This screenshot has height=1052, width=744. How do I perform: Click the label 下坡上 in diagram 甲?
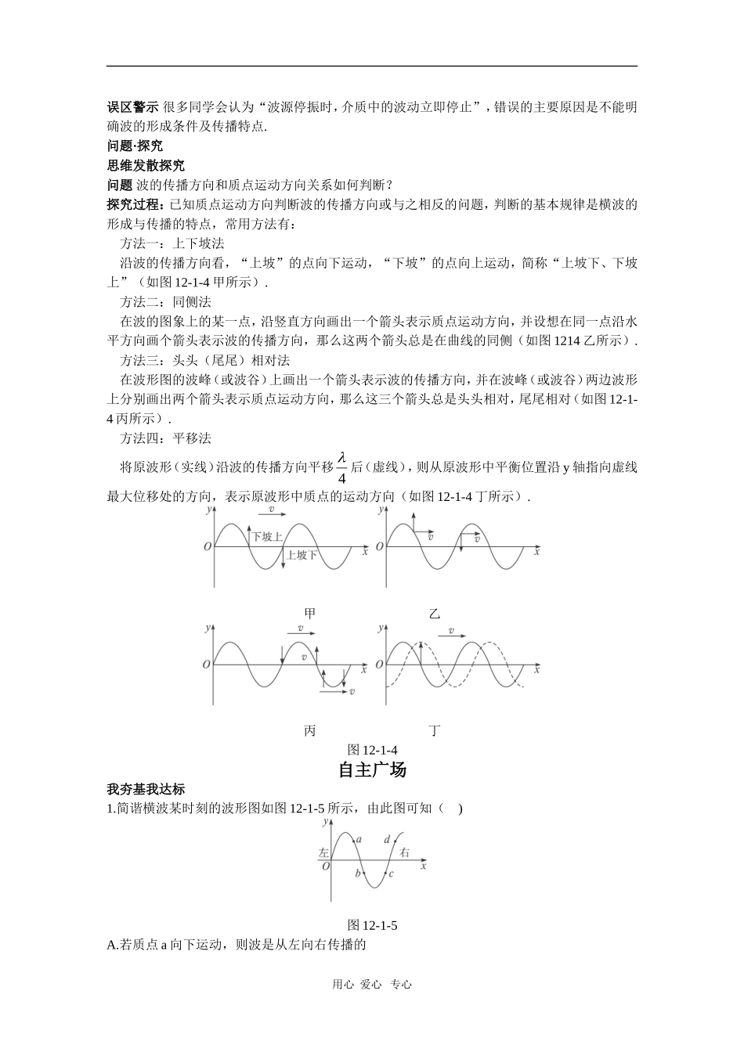tap(267, 536)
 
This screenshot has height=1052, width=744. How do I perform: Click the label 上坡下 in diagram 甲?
tap(302, 555)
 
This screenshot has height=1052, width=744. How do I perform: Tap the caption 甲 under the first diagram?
tap(310, 614)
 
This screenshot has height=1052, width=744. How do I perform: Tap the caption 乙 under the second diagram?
tap(435, 614)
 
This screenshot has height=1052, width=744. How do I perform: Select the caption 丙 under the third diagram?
tap(310, 731)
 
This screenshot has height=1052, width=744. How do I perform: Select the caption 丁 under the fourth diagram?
tap(435, 731)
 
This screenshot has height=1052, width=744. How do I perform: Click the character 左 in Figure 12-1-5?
tap(323, 852)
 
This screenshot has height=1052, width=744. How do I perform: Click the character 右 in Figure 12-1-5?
tap(405, 852)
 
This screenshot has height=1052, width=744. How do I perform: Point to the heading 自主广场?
tap(372, 769)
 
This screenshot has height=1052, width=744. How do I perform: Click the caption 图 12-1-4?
tap(372, 750)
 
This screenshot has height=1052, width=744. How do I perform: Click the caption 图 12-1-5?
tap(372, 925)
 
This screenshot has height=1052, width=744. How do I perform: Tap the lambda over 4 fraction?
tap(341, 467)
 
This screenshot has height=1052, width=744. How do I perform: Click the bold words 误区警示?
tap(132, 107)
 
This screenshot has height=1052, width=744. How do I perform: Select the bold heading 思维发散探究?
tap(146, 165)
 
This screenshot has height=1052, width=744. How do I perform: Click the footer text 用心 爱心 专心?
tap(372, 985)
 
